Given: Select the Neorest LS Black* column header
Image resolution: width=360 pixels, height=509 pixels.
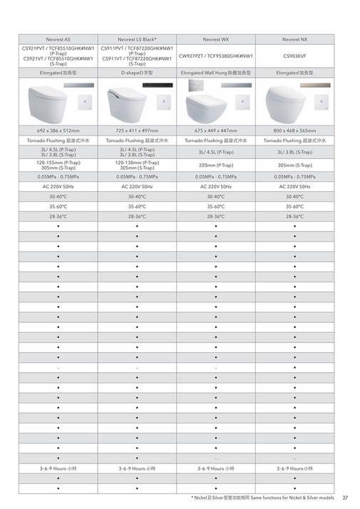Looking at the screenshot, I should point(137,40).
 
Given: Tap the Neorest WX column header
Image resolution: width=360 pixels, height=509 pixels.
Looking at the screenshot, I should point(215,40).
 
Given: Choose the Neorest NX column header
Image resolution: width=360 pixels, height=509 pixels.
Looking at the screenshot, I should point(294,40).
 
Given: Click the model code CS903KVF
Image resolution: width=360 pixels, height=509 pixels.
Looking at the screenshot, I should point(294,56).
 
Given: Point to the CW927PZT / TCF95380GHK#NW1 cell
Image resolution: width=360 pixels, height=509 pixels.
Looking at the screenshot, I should point(215,56).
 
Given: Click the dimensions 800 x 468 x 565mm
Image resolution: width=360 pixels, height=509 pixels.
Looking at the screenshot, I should point(294,130).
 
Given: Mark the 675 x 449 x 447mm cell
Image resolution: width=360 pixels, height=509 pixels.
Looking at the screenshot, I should point(215,130).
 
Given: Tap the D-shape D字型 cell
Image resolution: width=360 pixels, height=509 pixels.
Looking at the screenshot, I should point(137,73).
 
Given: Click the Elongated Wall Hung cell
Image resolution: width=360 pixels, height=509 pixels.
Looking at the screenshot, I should point(215,73).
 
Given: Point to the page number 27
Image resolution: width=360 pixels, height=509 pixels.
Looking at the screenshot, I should point(345,498).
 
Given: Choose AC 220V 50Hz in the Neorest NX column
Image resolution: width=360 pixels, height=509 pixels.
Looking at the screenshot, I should point(294,185).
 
